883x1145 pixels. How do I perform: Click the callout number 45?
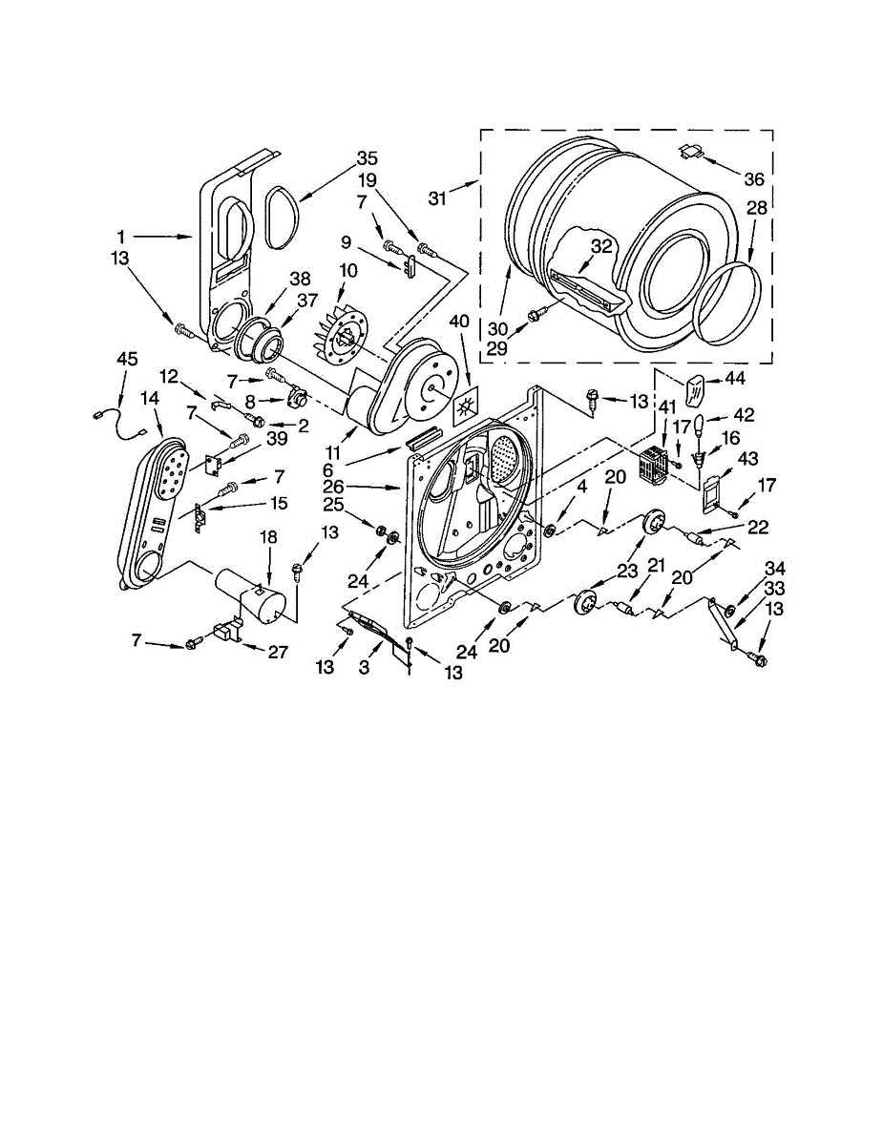tap(127, 359)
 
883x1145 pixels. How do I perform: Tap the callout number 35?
tap(340, 158)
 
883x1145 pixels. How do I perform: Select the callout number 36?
tap(753, 178)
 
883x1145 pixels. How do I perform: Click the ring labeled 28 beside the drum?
tap(729, 303)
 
